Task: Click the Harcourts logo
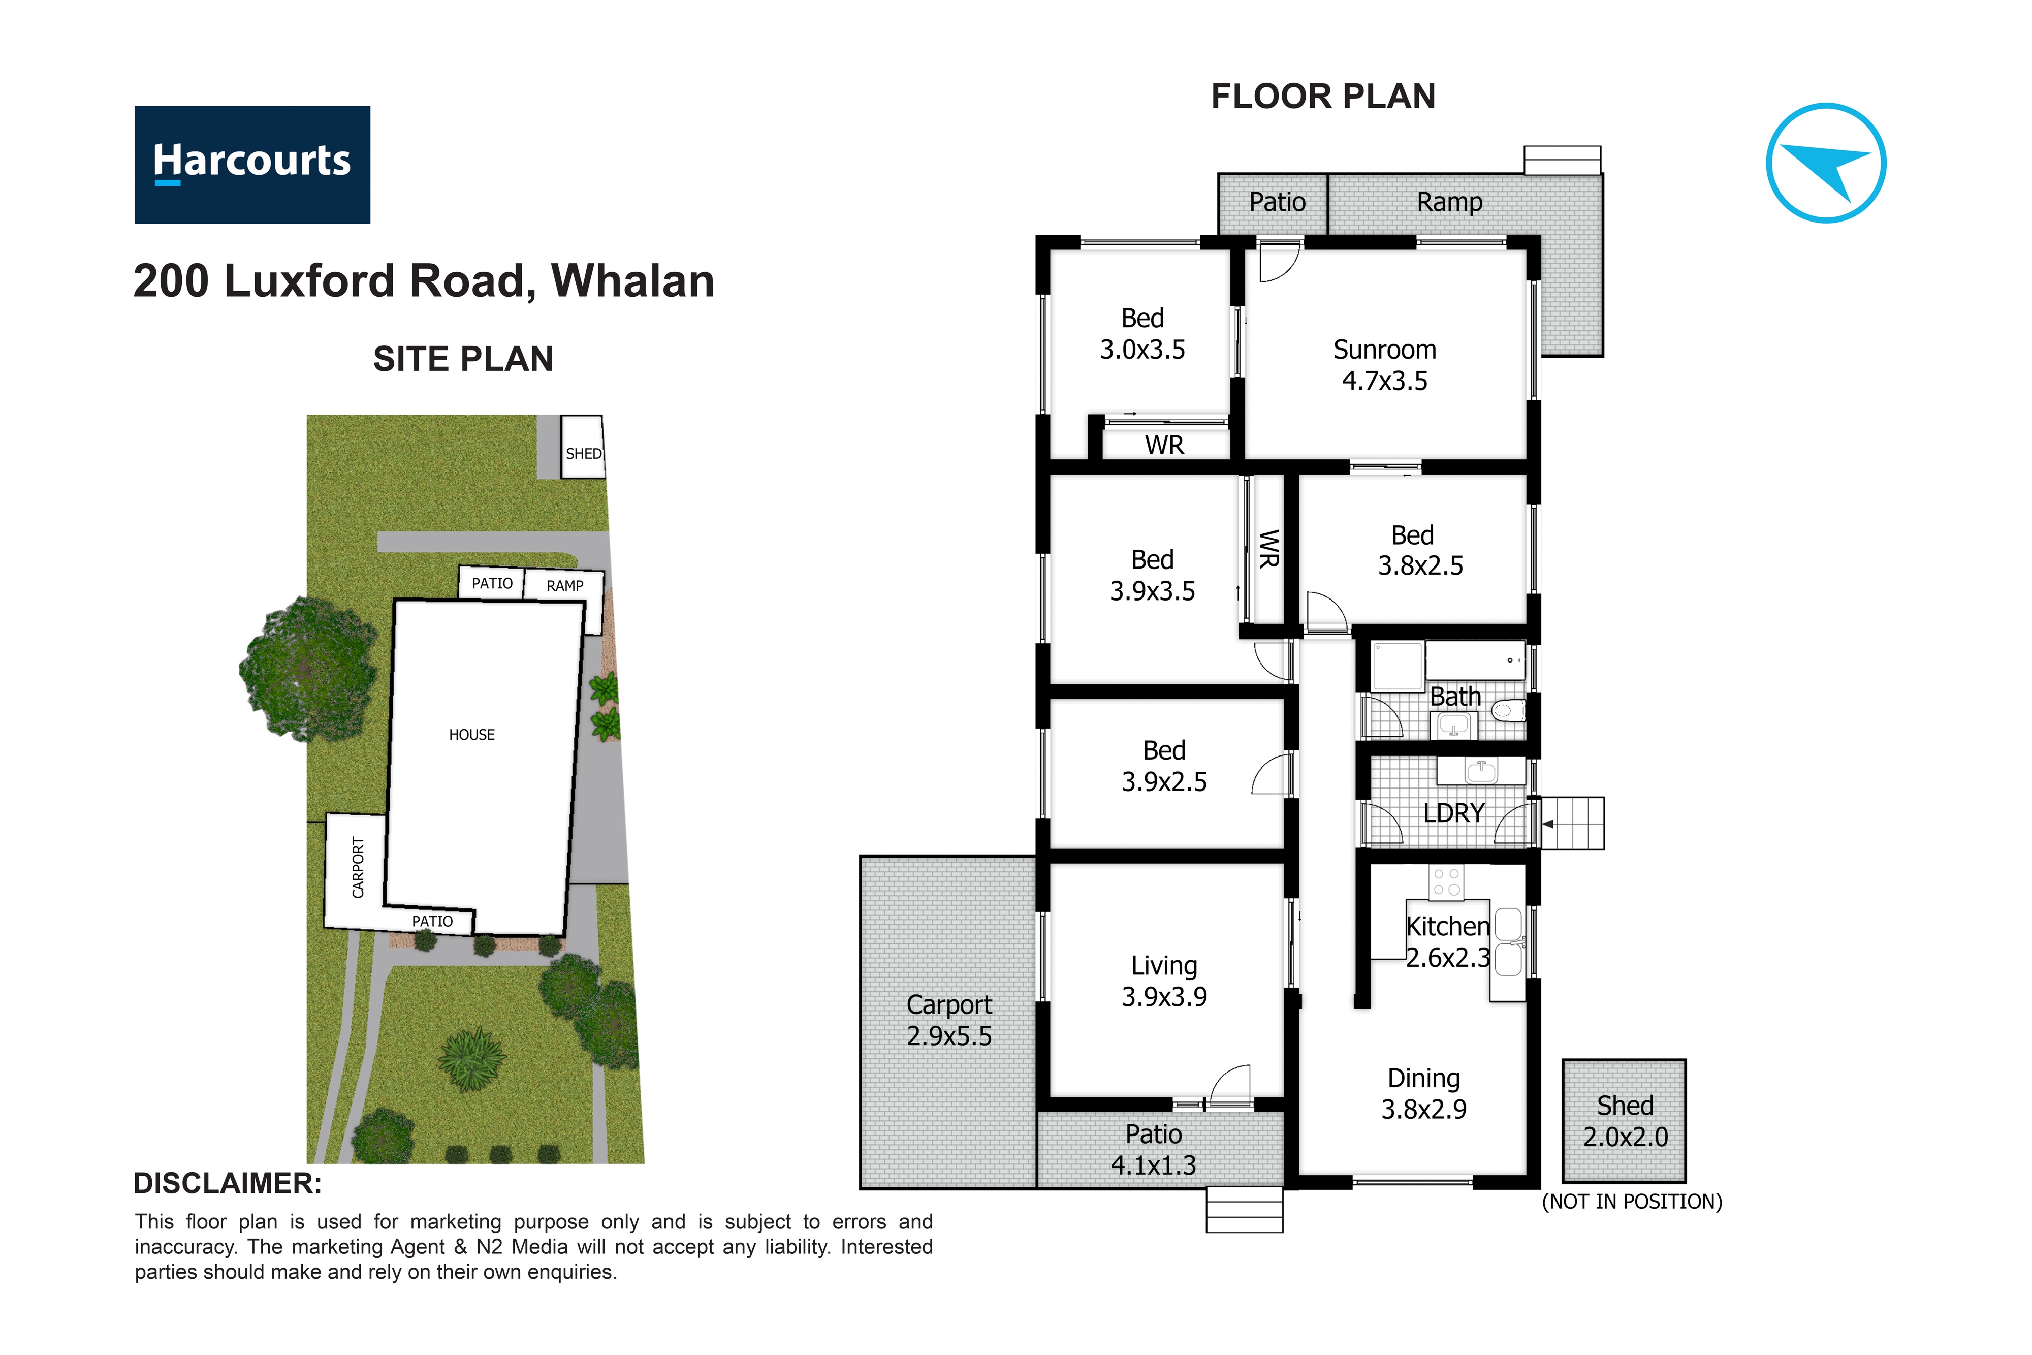252,164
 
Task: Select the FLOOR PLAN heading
1323,97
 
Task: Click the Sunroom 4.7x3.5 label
1385,365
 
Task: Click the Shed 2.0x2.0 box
1624,1121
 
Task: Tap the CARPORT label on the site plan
358,868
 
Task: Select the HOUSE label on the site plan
472,735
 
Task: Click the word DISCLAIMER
227,1183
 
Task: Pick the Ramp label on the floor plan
1450,202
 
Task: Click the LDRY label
1453,813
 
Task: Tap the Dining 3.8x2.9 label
1424,1093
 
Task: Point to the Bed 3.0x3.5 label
1142,334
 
